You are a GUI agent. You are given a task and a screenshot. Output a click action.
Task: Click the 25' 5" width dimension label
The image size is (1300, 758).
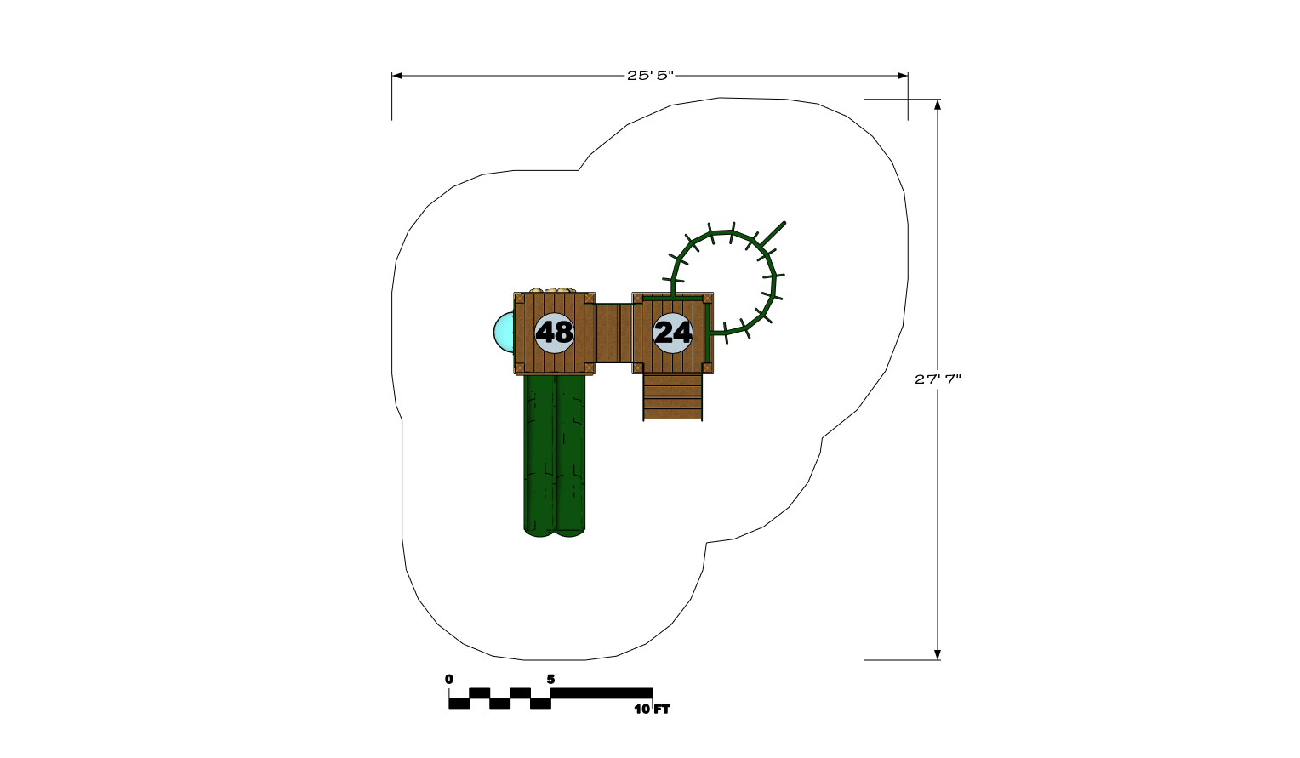[x=650, y=76]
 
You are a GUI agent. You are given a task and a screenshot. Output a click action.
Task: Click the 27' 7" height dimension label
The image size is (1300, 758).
[x=938, y=379]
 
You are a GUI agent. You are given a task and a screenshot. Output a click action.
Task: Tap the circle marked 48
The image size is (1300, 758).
[x=554, y=333]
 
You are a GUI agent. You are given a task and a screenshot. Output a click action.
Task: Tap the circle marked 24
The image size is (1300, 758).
[x=673, y=333]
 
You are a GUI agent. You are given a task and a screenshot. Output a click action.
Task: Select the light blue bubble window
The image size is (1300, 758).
[x=504, y=332]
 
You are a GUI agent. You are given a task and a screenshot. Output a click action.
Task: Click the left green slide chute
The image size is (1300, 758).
[x=539, y=456]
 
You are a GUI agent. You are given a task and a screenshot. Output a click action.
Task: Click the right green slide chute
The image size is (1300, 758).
[x=570, y=456]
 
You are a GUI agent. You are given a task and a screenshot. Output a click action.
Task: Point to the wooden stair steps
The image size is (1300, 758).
[x=673, y=397]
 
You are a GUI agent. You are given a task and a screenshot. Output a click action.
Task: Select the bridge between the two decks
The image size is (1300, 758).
[x=613, y=333]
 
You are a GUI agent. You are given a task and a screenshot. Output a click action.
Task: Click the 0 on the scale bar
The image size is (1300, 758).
[x=448, y=679]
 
